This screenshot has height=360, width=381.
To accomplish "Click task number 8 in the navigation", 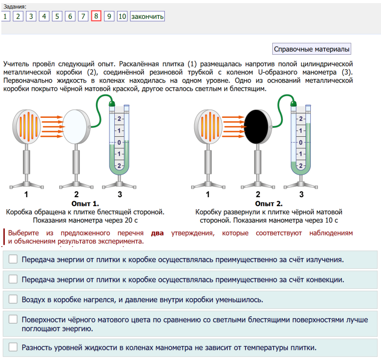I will point(96,16).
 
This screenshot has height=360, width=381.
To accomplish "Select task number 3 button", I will point(31,16).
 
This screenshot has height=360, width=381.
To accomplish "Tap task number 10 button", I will point(122,16).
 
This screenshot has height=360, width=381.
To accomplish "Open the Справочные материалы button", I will point(312,49).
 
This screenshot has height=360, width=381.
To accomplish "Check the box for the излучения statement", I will point(13,259).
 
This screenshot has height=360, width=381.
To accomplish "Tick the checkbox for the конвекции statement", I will point(13,279).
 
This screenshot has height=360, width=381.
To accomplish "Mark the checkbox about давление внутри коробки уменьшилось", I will point(13,300).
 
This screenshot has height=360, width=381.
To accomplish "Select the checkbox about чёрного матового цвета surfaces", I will point(13,319).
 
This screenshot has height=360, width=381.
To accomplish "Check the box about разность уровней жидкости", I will point(13,347).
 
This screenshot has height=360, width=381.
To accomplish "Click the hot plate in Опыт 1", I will point(27,126).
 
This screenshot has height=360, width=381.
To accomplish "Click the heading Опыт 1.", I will point(85,203).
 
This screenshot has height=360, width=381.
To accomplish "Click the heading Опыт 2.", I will point(268,203).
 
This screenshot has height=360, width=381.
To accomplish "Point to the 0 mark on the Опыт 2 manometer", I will point(301,142).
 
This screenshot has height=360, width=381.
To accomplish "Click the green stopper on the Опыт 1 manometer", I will point(112,103).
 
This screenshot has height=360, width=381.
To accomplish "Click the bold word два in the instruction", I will point(157,233).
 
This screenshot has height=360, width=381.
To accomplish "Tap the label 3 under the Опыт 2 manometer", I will point(302,194).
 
